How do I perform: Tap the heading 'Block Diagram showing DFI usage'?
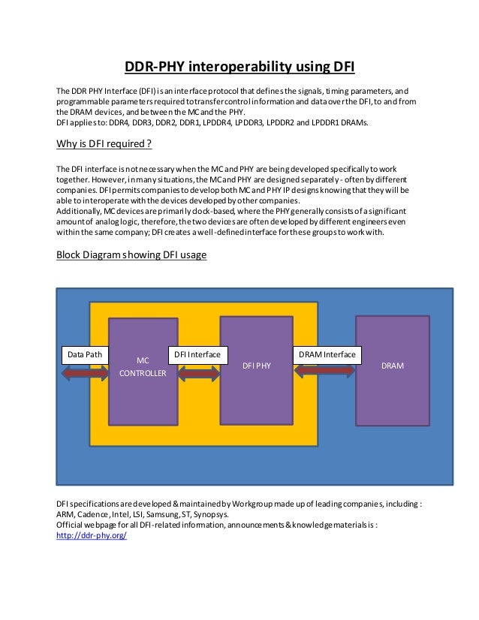[x=131, y=254]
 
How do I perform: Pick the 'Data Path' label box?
[x=84, y=354]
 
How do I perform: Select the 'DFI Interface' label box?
[x=197, y=354]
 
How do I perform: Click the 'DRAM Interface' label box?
[x=327, y=354]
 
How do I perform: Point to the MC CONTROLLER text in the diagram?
[x=141, y=366]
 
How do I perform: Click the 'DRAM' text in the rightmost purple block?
[x=393, y=366]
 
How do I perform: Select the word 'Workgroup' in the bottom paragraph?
[x=235, y=503]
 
